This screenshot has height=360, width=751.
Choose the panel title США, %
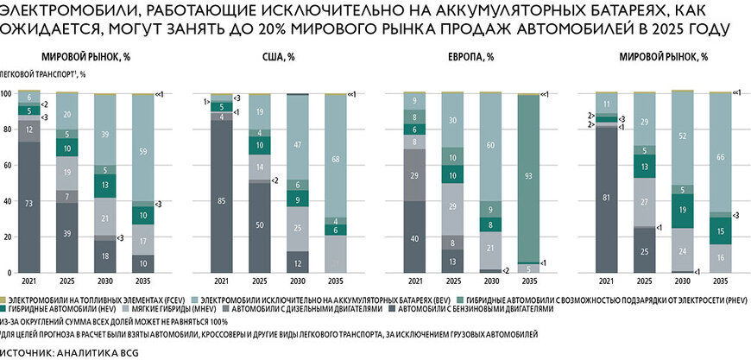click(278, 57)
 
